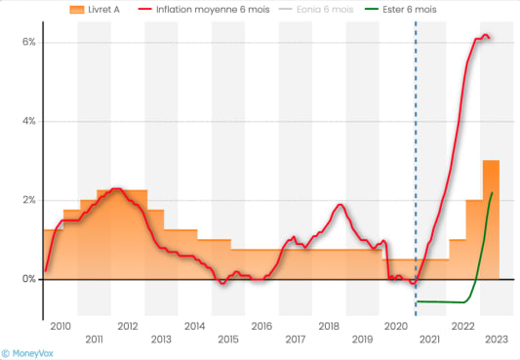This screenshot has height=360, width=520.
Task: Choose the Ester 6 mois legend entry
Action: (431, 9)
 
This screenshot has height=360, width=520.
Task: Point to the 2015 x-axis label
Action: (228, 340)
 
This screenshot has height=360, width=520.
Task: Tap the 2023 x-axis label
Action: (497, 340)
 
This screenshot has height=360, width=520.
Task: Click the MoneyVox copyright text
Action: (28, 352)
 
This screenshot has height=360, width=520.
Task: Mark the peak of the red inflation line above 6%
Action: (485, 36)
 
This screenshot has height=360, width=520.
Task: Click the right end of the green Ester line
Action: (492, 193)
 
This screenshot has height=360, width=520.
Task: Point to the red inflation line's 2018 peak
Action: (339, 205)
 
